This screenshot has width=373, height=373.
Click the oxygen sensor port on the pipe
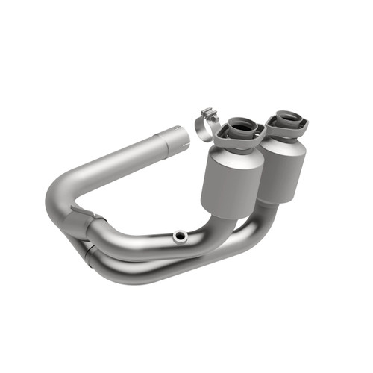[179, 236]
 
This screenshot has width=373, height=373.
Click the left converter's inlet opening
[242, 125]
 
